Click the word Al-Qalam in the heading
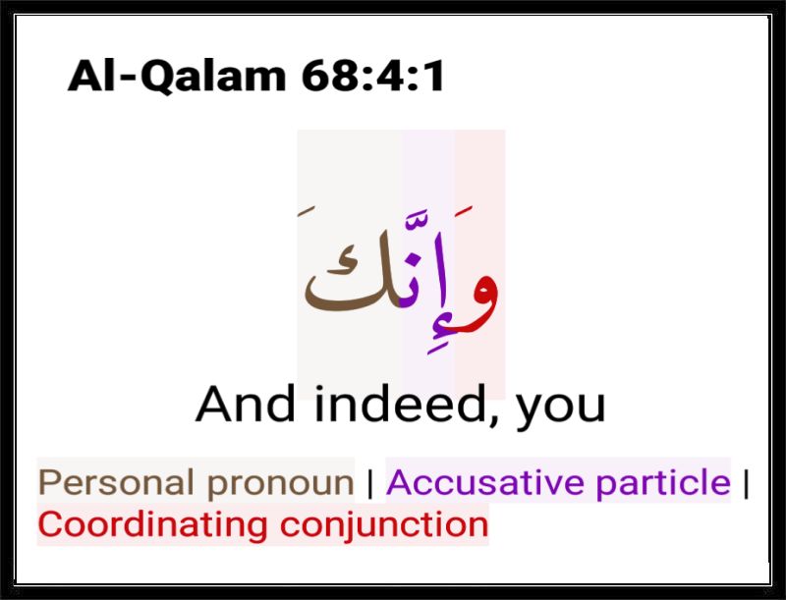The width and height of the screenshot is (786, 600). (177, 77)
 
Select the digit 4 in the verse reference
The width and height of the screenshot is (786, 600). (386, 76)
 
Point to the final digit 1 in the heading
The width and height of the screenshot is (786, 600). (432, 76)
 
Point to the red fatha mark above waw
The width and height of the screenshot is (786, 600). (464, 212)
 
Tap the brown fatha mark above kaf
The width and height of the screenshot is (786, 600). (307, 211)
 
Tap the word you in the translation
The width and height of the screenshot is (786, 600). (561, 409)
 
